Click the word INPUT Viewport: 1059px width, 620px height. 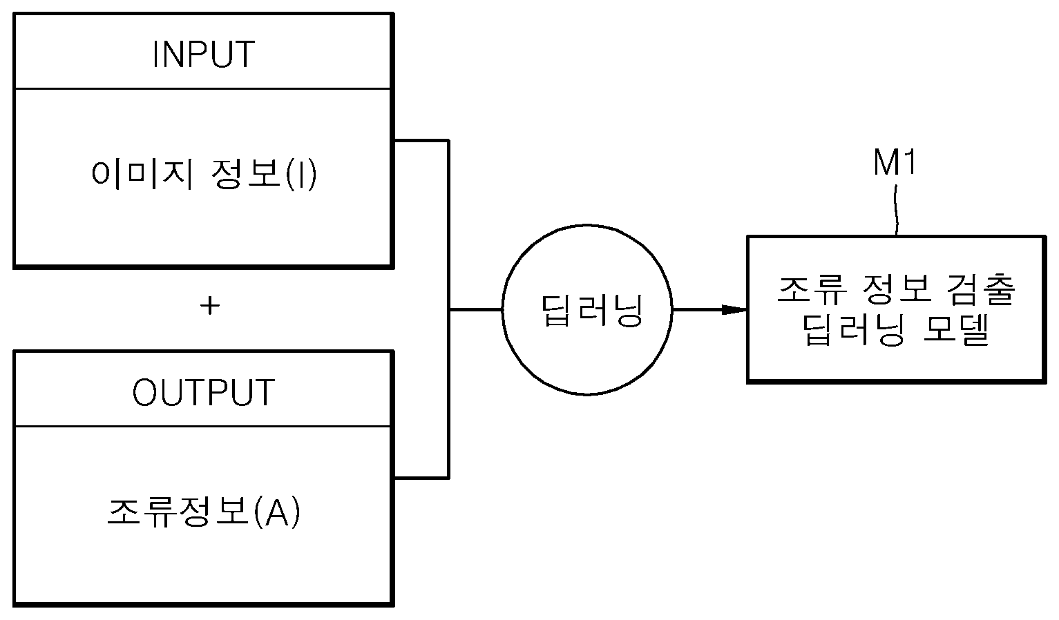204,55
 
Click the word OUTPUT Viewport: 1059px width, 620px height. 204,392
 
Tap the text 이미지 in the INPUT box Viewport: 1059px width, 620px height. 142,174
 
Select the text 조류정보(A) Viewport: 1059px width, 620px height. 204,512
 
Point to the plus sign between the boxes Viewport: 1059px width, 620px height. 210,306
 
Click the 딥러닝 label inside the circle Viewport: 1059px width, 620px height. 591,310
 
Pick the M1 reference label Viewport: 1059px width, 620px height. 894,162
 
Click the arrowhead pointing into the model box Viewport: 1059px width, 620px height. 735,310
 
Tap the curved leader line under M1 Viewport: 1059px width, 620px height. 896,210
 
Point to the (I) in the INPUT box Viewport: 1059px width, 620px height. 301,175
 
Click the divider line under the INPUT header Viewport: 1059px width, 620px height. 204,88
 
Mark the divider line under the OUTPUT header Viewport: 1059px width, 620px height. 204,426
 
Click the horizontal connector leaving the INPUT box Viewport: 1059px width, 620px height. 421,140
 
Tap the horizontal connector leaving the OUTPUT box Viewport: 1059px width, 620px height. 421,478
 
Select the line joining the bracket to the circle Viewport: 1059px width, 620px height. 475,310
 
